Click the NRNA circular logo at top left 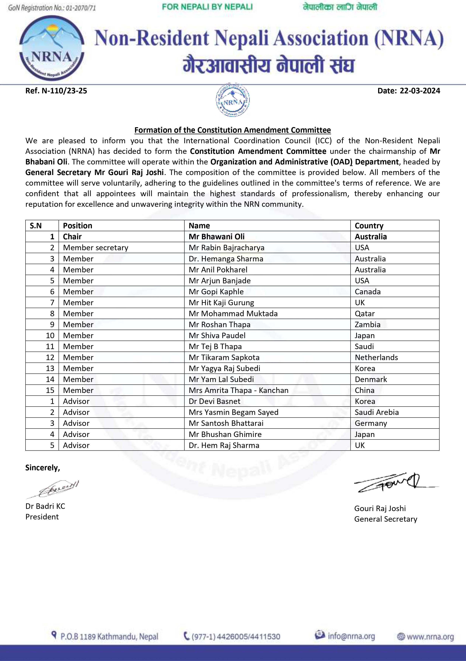click(52, 48)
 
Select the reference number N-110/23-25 click(56, 91)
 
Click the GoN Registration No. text click(52, 8)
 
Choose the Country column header click(369, 226)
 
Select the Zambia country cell click(368, 325)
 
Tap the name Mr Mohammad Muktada click(233, 314)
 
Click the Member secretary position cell click(96, 248)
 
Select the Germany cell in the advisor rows click(371, 423)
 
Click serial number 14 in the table click(50, 379)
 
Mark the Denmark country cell click(371, 379)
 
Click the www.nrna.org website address click(430, 637)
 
